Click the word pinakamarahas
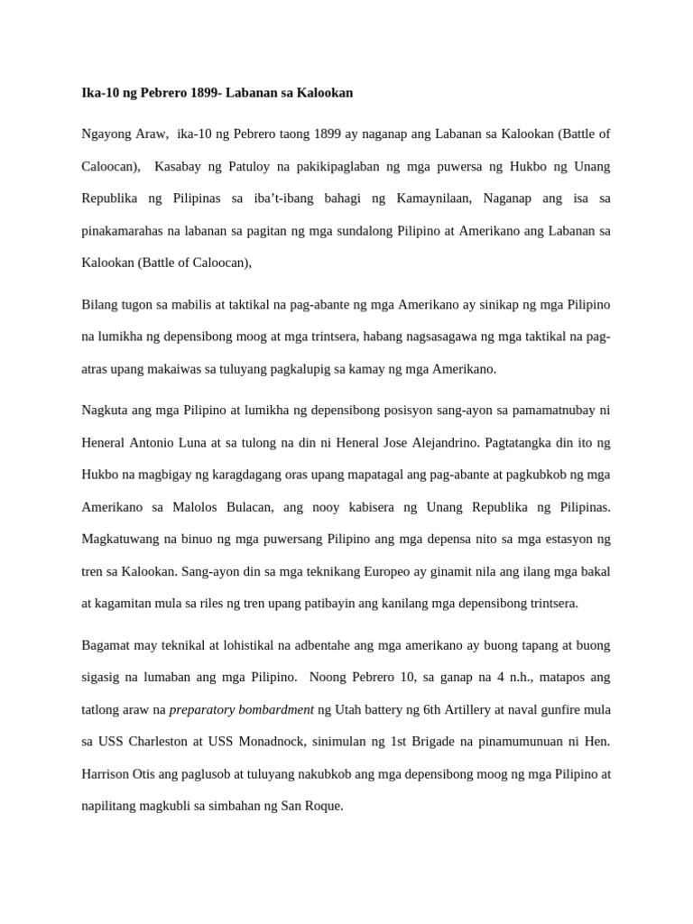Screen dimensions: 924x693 [125, 231]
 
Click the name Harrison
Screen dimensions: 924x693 [106, 773]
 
